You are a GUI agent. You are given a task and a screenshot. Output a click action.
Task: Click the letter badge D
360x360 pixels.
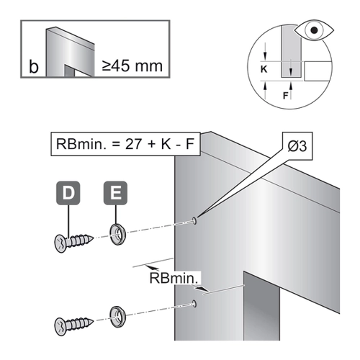68,193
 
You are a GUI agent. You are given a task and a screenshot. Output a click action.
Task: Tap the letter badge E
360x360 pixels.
115,193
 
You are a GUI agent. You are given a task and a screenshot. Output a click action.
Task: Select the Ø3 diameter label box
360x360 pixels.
297,146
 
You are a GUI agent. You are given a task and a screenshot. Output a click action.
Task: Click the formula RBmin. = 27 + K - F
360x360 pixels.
125,144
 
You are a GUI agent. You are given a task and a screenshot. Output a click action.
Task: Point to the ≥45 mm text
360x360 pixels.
132,66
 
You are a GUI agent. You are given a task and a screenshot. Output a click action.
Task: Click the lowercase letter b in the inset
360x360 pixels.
34,66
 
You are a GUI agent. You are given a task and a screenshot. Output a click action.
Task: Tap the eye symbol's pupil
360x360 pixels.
314,30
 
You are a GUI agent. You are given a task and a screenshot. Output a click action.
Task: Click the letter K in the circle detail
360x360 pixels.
264,69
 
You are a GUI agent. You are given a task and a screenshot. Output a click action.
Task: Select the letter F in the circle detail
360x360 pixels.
285,96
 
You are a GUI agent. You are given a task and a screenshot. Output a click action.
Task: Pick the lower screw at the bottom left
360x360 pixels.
74,325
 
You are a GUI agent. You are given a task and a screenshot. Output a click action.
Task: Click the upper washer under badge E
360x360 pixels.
118,234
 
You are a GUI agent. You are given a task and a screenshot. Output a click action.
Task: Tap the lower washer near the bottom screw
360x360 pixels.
118,317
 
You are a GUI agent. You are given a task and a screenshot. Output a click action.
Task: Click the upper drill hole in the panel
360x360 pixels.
194,220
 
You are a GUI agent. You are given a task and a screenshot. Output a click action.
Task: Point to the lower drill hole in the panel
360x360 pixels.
194,304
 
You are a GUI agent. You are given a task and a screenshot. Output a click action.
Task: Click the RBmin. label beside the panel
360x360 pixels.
175,279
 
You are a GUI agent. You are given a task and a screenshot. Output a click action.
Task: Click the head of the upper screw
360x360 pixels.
60,243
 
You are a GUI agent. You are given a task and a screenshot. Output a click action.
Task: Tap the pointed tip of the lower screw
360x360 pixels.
93,322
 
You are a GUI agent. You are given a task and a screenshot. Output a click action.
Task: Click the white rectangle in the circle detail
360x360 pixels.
318,71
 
